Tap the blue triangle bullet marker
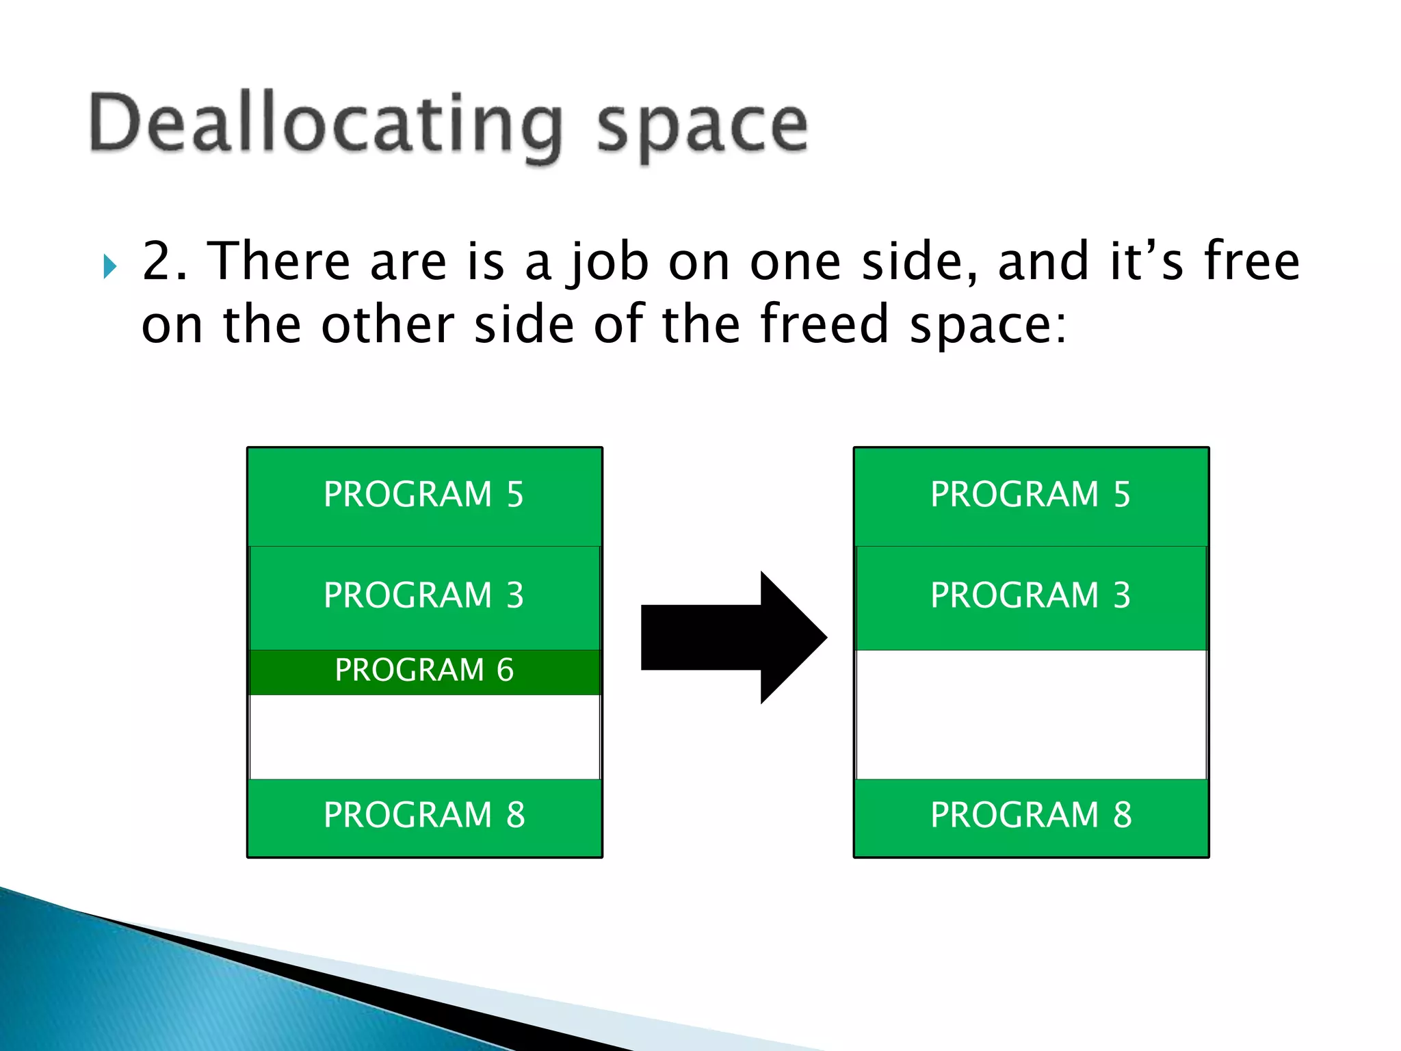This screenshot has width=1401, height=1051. pyautogui.click(x=109, y=266)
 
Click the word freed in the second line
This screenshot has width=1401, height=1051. pyautogui.click(x=825, y=324)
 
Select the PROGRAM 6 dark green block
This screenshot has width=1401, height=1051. pyautogui.click(x=424, y=671)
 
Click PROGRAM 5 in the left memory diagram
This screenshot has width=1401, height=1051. pyautogui.click(x=424, y=495)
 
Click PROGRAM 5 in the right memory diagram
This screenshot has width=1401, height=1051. pyautogui.click(x=1030, y=495)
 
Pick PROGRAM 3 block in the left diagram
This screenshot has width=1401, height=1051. pyautogui.click(x=424, y=595)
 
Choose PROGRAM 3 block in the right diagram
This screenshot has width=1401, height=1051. pyautogui.click(x=1030, y=595)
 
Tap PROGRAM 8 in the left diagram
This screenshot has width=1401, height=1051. pyautogui.click(x=424, y=815)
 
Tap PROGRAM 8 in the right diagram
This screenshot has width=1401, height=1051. pyautogui.click(x=1030, y=815)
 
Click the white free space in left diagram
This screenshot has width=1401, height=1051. pyautogui.click(x=424, y=737)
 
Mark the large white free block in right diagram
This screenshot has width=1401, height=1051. pyautogui.click(x=1030, y=714)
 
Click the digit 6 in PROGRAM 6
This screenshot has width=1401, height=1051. pyautogui.click(x=505, y=671)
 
